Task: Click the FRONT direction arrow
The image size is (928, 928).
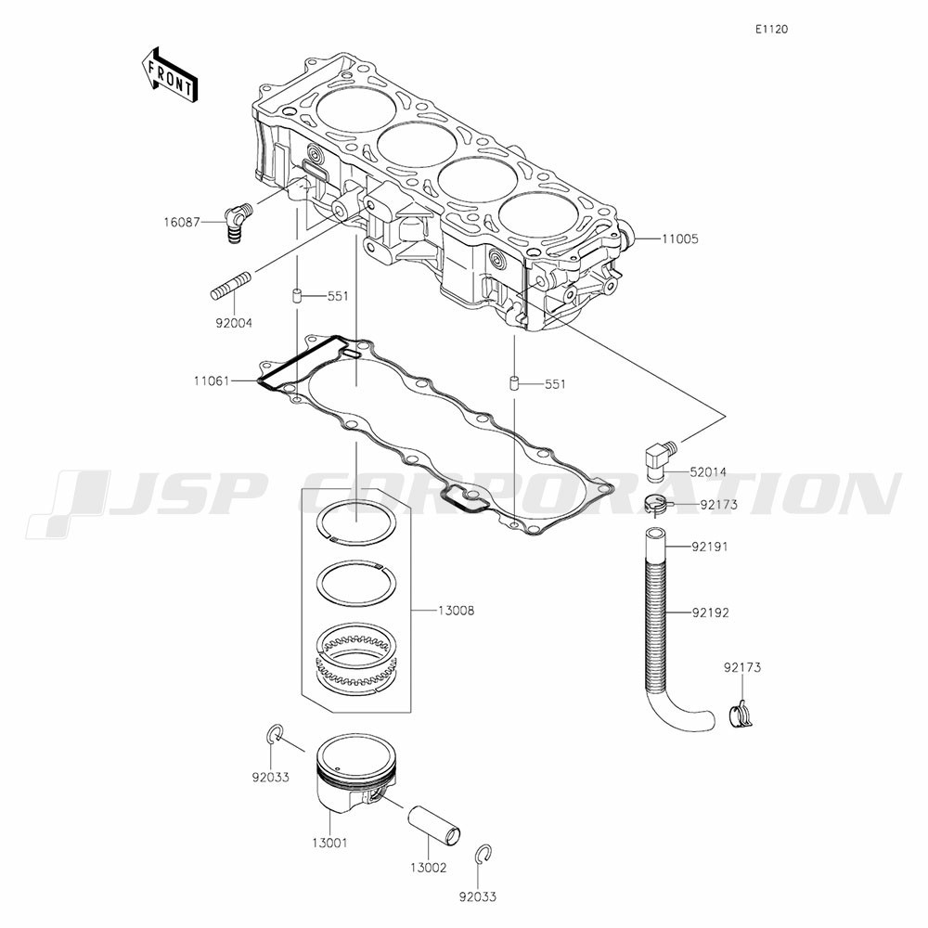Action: tap(170, 76)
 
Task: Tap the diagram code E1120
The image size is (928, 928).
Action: tap(771, 29)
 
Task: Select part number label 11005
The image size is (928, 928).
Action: tap(680, 239)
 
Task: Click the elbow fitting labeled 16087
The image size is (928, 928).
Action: tap(238, 222)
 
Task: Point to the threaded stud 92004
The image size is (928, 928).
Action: tap(233, 285)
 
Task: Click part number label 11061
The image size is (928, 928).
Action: tap(212, 381)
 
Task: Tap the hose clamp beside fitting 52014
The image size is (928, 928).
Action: tap(659, 505)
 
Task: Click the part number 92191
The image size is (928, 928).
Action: tap(710, 547)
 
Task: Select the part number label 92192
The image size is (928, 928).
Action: tap(710, 612)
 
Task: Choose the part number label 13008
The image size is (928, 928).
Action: tap(456, 611)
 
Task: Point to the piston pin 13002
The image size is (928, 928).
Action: tap(433, 824)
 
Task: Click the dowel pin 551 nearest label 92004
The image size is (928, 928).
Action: tap(296, 295)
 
